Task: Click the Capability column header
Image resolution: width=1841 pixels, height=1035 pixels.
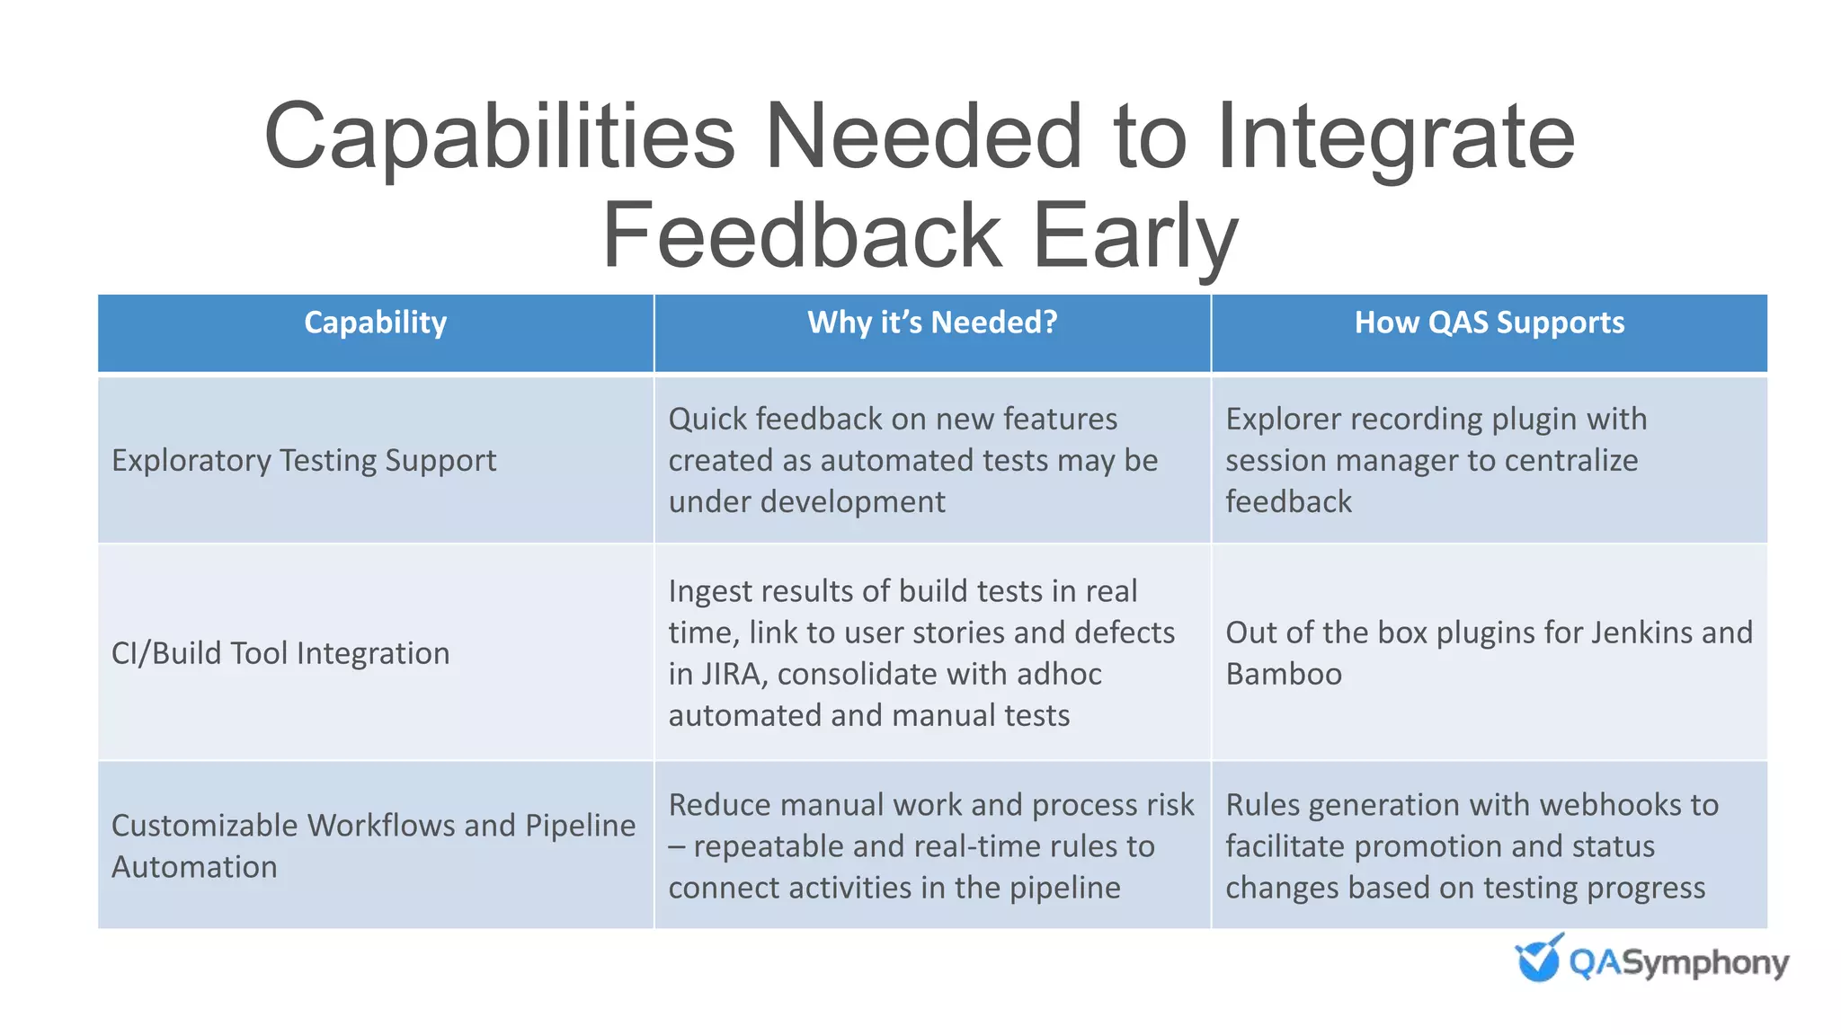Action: (x=375, y=323)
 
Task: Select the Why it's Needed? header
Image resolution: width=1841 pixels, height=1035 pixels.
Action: (x=932, y=323)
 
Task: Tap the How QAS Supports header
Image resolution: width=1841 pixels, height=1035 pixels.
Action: (x=1490, y=323)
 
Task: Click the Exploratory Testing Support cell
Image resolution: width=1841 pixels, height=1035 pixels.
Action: (x=304, y=460)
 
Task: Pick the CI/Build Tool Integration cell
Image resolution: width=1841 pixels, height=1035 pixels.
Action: (x=280, y=653)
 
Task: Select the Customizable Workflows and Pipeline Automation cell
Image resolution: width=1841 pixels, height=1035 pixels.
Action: (x=373, y=845)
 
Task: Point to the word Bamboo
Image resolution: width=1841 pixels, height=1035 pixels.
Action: (x=1284, y=674)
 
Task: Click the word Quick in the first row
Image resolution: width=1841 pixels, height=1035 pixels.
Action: (x=707, y=420)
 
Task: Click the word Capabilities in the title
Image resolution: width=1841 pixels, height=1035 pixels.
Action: (x=500, y=137)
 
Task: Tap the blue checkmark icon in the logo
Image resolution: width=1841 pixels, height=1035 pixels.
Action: (x=1538, y=959)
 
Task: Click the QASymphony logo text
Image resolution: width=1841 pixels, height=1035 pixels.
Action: (x=1677, y=963)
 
